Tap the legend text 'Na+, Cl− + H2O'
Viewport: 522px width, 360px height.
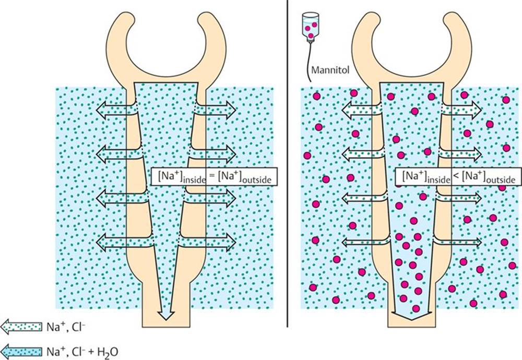pos(82,351)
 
